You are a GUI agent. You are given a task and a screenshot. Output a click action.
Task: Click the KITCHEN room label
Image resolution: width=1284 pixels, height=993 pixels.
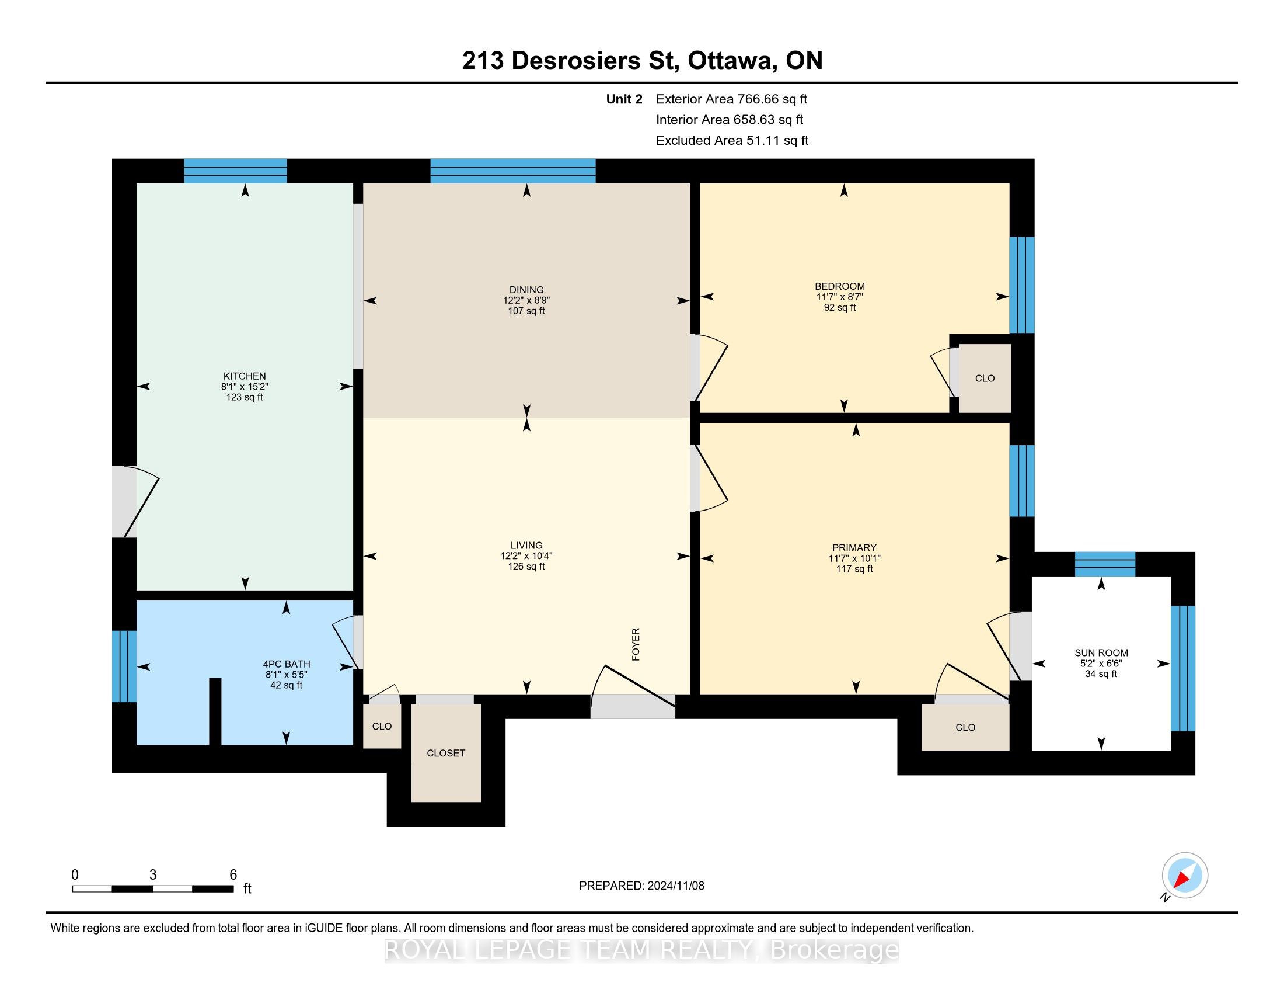245,376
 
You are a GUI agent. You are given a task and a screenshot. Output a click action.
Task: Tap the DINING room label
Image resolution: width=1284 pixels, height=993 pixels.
527,289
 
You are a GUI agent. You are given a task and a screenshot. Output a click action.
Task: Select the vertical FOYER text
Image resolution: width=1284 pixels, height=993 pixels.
636,644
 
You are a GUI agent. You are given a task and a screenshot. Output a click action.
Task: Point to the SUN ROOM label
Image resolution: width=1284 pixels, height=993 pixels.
1101,652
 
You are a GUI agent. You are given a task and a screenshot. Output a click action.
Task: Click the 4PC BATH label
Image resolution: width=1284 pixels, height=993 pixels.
287,664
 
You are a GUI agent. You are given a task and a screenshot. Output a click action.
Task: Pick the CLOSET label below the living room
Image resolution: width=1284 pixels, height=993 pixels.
446,753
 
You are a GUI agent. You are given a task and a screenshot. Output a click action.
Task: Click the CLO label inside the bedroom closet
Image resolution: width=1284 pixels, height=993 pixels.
985,379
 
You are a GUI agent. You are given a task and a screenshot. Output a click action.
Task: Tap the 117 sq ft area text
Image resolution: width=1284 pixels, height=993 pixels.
854,569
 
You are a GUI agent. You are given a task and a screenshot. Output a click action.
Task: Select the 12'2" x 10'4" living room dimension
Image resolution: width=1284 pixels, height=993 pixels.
526,556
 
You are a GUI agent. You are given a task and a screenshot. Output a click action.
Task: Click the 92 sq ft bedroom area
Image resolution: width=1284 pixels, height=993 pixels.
839,308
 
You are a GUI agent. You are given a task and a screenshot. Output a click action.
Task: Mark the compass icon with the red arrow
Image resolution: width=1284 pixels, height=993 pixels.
1185,876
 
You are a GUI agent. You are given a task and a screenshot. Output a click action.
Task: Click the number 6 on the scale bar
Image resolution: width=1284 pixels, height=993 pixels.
233,875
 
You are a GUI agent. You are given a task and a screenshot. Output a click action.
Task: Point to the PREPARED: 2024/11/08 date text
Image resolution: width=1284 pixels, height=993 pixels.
641,886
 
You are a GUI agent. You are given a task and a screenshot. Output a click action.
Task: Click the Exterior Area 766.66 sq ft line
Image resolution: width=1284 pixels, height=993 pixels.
731,99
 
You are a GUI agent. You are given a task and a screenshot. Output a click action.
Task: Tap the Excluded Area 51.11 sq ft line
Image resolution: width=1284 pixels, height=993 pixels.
732,141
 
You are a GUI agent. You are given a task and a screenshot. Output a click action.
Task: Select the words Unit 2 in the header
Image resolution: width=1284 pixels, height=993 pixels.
624,99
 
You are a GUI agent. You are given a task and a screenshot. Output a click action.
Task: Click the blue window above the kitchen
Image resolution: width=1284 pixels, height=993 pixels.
235,171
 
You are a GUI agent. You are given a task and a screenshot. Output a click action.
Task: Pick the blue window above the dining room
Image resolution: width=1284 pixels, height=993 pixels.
512,171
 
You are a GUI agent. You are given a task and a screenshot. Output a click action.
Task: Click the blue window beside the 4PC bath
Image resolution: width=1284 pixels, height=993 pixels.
124,666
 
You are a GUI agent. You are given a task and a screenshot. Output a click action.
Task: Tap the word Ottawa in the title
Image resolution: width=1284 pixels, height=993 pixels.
730,61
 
